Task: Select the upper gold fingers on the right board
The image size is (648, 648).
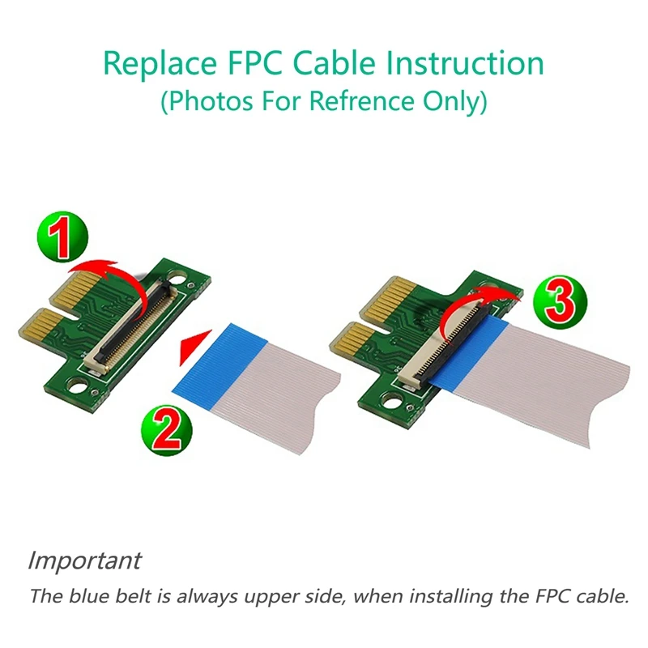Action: click(x=381, y=305)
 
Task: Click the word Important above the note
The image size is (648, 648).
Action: click(x=84, y=560)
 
